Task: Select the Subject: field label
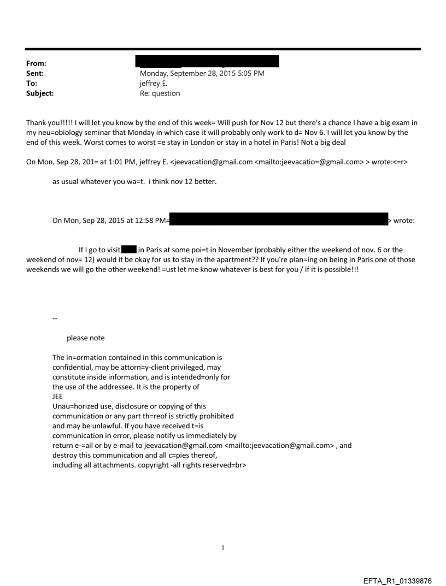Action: coord(39,93)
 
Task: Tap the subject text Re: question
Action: coord(160,93)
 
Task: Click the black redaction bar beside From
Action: coord(209,61)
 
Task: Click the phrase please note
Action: coord(85,338)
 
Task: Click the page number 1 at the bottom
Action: coord(222,547)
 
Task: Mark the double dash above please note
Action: coord(55,318)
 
